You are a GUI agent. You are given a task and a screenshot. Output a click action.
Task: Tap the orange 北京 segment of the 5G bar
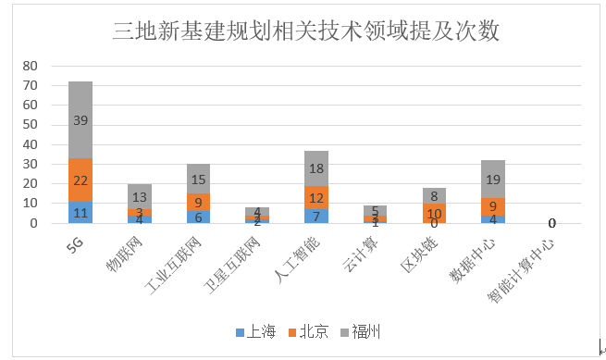(80, 180)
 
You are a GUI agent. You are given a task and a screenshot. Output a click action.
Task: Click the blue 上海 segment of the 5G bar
(80, 213)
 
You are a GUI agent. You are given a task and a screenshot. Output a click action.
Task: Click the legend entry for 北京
(308, 331)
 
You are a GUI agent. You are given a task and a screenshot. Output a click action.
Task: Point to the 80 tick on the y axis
(30, 66)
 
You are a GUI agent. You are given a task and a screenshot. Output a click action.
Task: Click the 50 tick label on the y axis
(30, 125)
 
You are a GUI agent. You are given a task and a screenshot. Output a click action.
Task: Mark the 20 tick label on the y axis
(30, 184)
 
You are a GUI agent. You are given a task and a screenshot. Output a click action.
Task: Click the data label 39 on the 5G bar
(80, 121)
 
